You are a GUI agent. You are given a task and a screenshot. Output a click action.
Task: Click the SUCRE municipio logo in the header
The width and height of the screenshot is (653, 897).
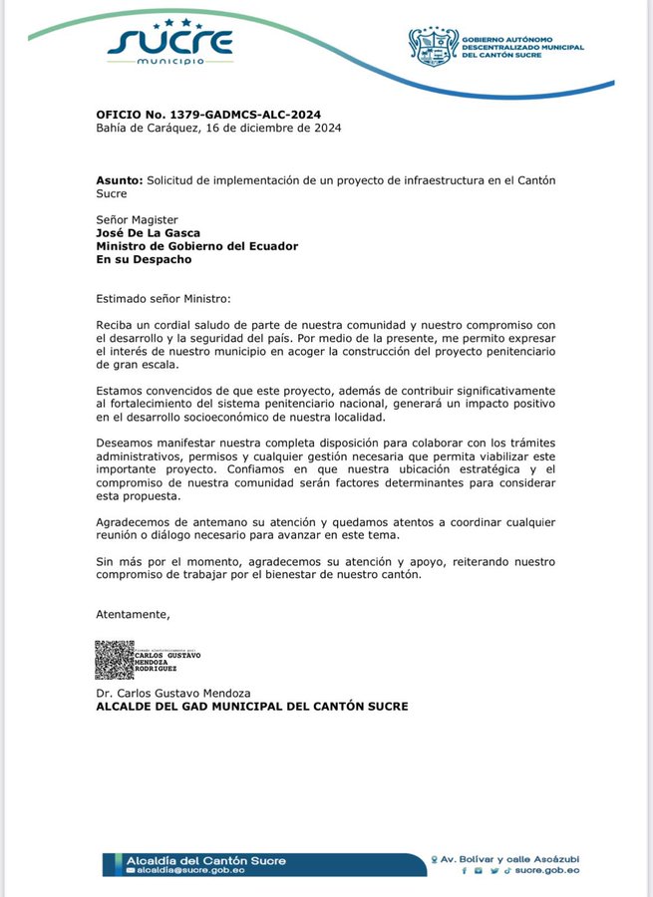(x=170, y=42)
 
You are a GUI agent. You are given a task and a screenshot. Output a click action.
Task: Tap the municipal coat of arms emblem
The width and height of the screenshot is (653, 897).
(x=433, y=46)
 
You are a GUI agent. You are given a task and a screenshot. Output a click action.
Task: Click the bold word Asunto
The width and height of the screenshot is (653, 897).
(x=120, y=180)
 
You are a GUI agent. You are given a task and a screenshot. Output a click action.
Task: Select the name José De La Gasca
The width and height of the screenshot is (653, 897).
(x=149, y=233)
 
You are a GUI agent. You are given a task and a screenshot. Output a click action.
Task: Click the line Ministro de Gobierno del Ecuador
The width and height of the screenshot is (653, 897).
(x=196, y=246)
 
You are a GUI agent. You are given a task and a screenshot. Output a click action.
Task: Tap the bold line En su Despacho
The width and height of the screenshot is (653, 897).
(x=144, y=259)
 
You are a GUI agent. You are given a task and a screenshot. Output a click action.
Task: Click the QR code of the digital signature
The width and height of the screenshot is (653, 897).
(x=114, y=660)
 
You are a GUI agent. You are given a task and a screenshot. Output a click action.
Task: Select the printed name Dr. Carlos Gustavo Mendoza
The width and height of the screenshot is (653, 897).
(x=173, y=693)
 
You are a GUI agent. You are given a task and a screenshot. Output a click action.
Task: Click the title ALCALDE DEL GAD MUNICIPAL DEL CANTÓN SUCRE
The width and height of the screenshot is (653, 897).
(x=251, y=707)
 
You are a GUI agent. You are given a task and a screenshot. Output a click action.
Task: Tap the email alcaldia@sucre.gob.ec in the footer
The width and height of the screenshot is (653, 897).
(x=189, y=870)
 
